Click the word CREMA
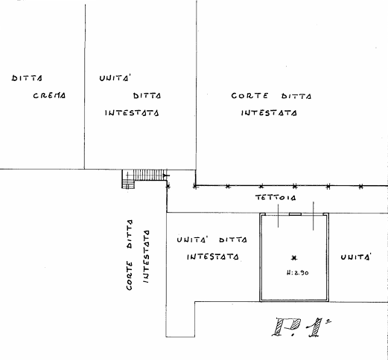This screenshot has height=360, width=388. click(49, 95)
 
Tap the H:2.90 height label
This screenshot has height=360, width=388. click(297, 273)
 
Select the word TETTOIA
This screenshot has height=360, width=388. click(276, 198)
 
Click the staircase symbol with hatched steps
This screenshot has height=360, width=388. click(144, 179)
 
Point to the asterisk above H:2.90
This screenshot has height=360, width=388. click(294, 258)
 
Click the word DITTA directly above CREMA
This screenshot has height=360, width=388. click(27, 78)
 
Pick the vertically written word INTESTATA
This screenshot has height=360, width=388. click(146, 257)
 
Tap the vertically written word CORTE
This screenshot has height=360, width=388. click(129, 275)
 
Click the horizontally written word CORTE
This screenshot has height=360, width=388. click(249, 96)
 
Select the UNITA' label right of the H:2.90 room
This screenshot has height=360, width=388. click(356, 257)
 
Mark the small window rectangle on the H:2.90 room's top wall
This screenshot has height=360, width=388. click(295, 214)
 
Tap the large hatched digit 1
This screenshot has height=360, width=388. click(316, 328)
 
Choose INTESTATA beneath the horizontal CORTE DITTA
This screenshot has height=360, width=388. click(269, 113)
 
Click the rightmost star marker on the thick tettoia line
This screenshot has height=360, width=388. click(360, 187)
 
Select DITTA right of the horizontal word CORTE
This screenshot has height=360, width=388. click(296, 96)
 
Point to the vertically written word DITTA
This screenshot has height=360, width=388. click(129, 234)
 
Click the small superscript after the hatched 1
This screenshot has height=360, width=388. click(328, 321)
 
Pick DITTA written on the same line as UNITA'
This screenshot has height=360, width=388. click(233, 240)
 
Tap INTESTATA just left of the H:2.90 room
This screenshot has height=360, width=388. click(213, 257)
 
